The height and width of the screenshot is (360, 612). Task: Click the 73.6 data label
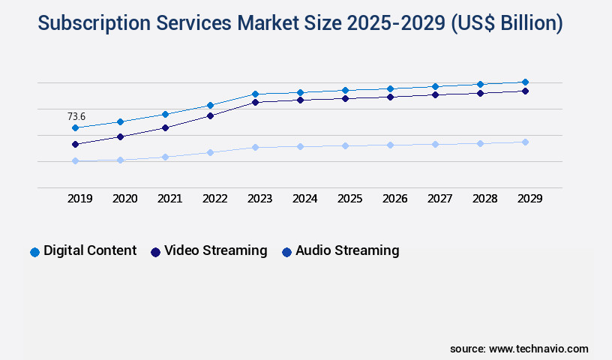point(76,116)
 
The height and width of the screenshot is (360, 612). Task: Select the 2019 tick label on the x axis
point(80,199)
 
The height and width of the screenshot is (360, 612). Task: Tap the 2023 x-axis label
point(260,199)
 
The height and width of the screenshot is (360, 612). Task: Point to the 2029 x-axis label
point(529,199)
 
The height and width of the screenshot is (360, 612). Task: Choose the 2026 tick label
point(395,199)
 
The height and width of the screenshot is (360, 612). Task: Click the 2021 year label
point(170,199)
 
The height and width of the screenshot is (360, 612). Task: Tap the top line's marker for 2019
point(75,128)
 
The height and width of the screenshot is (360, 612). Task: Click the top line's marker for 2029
point(525,82)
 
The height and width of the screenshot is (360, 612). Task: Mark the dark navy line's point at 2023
point(255,102)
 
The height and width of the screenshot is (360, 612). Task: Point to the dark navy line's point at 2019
point(75,144)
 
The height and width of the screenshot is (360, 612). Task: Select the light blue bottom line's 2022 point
point(210,152)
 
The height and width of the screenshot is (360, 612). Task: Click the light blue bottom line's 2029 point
point(525,142)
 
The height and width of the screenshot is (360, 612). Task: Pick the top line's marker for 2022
point(210,105)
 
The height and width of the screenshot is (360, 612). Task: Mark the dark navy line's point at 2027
point(435,94)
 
